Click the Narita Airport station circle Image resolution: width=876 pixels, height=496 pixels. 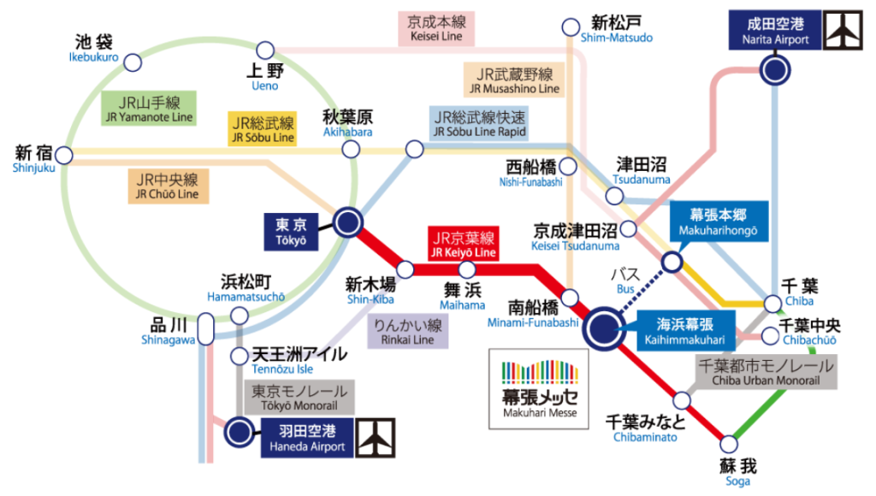click(775, 70)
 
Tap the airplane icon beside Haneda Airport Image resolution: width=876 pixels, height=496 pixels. click(376, 438)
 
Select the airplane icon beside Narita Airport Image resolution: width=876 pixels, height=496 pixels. click(843, 30)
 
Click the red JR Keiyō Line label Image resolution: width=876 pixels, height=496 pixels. click(463, 244)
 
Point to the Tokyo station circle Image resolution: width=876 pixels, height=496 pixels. click(347, 222)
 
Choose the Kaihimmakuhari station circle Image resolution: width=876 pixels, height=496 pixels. click(603, 328)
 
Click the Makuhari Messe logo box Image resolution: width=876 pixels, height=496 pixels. click(539, 389)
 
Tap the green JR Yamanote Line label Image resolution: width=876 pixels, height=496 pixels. click(149, 109)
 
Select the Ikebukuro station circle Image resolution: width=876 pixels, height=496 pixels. click(133, 62)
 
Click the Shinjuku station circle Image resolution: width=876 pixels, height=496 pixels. click(63, 156)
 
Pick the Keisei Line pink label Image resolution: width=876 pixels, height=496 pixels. click(436, 28)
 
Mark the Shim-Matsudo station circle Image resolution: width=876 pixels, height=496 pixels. click(571, 27)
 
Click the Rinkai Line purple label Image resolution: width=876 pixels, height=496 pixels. click(408, 332)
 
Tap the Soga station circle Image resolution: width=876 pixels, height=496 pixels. click(729, 445)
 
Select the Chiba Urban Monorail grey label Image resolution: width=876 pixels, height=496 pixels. click(766, 372)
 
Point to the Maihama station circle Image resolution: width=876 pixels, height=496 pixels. click(467, 269)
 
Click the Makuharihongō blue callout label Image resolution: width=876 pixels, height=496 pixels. click(719, 221)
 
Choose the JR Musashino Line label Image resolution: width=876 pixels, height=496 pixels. click(514, 80)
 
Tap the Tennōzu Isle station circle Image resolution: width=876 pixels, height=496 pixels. click(240, 356)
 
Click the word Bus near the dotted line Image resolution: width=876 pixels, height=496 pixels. click(625, 289)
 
